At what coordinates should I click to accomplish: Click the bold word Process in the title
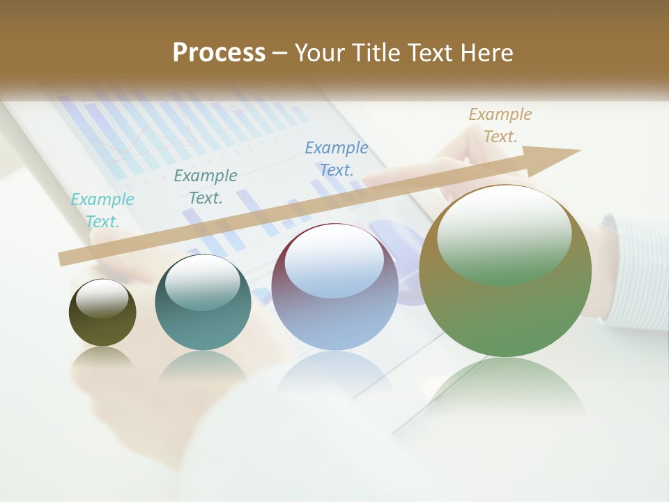[x=219, y=52]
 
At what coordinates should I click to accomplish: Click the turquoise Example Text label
[x=102, y=210]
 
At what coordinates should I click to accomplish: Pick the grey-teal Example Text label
[x=206, y=186]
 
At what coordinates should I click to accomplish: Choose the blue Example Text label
[x=337, y=158]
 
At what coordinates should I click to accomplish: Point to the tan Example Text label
[x=500, y=125]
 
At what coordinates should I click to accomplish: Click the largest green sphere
[x=505, y=307]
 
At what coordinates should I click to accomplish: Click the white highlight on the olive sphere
[x=102, y=298]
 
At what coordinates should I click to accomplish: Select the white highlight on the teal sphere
[x=203, y=282]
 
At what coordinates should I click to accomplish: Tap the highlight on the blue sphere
[x=334, y=262]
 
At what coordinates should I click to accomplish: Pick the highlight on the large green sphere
[x=504, y=234]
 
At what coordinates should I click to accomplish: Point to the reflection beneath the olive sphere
[x=102, y=358]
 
